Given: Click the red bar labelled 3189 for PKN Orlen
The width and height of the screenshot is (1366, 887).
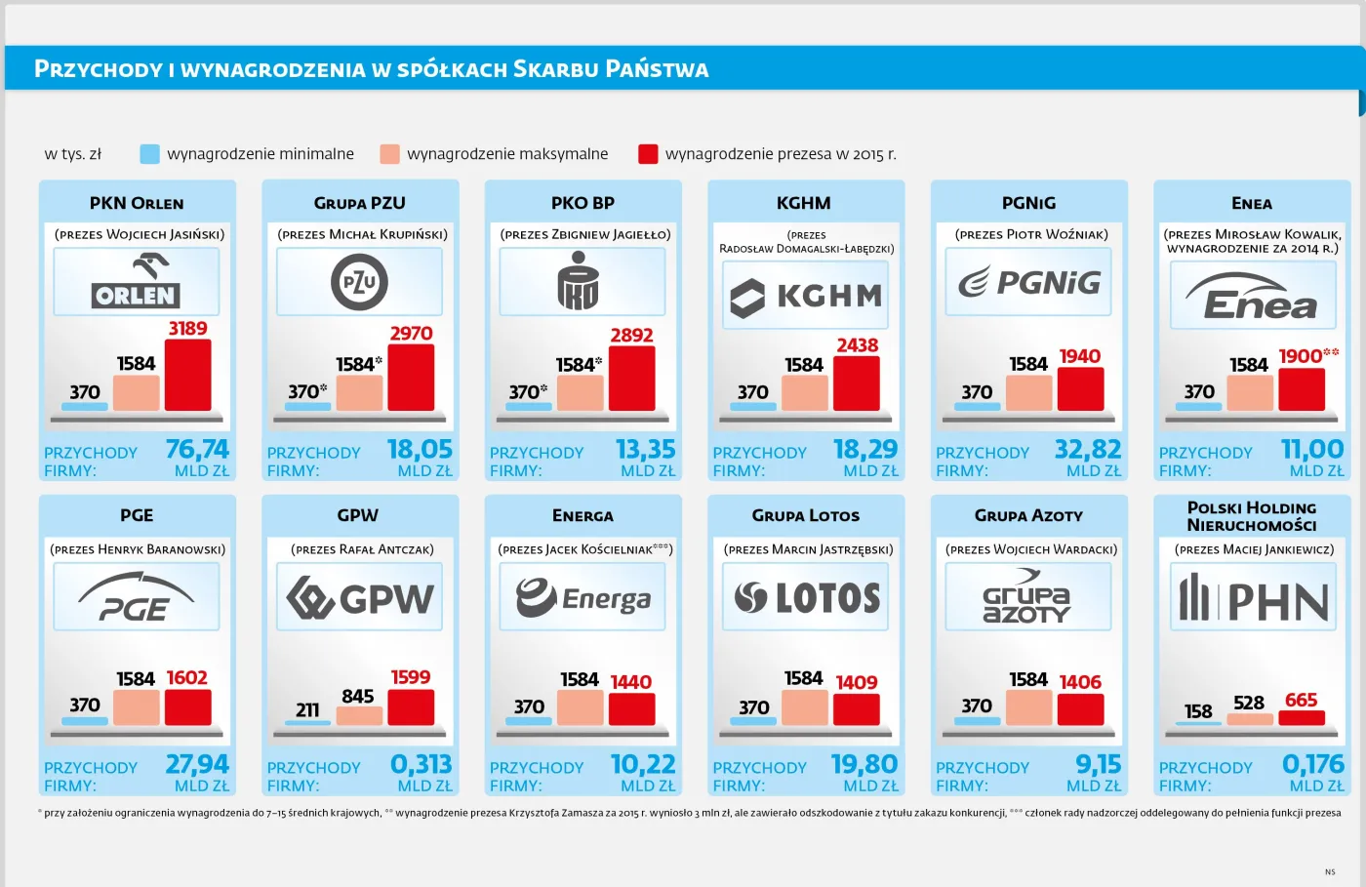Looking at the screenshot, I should [187, 375].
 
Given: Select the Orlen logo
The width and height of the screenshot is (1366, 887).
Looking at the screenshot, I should [136, 281].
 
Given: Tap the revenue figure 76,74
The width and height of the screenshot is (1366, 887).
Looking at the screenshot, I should [197, 449].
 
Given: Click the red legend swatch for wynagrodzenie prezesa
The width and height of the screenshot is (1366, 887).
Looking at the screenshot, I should [648, 154].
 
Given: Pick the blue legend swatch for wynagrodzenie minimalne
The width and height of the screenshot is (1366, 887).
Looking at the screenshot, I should [149, 154].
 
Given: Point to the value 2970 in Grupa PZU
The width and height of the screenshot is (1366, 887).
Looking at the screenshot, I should [411, 334].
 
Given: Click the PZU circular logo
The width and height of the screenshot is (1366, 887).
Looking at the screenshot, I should [359, 282].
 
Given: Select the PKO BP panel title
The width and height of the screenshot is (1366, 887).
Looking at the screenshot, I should [583, 203].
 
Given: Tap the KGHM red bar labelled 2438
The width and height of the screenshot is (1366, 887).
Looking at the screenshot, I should [856, 383].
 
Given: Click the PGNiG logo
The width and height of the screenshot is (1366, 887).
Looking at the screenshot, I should [1028, 282].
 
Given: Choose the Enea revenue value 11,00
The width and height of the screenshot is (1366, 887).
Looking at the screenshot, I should [1311, 449].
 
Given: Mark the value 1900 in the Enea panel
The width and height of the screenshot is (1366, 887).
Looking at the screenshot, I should [1301, 356].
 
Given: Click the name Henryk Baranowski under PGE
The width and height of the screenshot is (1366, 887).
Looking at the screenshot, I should [161, 549].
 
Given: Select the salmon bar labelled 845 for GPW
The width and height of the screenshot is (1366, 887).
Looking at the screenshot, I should [359, 715].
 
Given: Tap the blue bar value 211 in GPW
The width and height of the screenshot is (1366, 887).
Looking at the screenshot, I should [307, 709].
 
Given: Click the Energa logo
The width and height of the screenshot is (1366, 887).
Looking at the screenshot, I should [583, 598].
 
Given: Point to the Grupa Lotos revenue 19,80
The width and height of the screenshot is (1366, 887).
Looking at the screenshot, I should [864, 764].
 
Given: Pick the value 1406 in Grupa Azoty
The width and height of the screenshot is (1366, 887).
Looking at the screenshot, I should [1080, 682].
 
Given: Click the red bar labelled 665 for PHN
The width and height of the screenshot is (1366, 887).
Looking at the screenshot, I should [1301, 717].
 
